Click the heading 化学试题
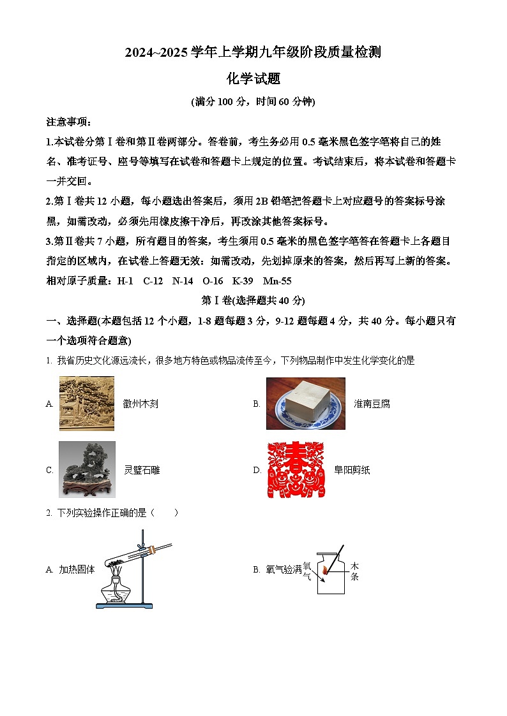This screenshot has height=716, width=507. [253, 79]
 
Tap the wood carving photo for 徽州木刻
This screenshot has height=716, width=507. [87, 404]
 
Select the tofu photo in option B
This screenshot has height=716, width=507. [305, 404]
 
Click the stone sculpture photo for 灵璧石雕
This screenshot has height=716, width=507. [87, 469]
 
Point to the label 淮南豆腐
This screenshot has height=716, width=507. [372, 404]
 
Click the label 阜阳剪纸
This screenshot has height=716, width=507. [352, 471]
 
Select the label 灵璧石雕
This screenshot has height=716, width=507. [142, 471]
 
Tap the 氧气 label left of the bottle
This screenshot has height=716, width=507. [307, 570]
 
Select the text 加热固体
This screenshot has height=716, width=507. [77, 569]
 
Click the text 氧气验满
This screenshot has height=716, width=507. [284, 569]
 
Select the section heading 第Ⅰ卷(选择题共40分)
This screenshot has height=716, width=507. [253, 300]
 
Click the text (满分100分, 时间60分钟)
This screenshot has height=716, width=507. [253, 101]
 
